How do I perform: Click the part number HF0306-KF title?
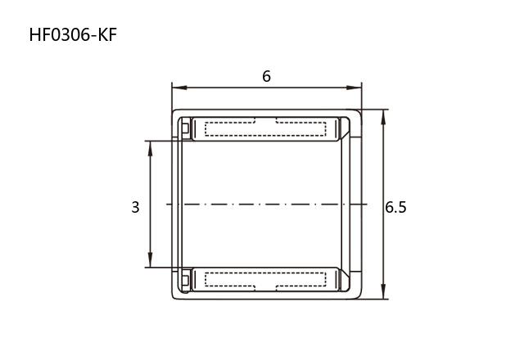click(73, 35)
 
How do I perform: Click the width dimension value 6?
click(266, 76)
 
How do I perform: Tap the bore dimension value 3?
click(135, 207)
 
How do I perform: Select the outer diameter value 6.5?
click(395, 207)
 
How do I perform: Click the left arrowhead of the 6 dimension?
click(179, 88)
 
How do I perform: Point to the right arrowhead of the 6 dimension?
click(354, 88)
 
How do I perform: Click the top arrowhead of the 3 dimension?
click(150, 148)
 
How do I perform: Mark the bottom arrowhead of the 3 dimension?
click(150, 260)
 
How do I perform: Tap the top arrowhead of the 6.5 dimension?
click(383, 117)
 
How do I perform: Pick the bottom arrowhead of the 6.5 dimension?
click(383, 291)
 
